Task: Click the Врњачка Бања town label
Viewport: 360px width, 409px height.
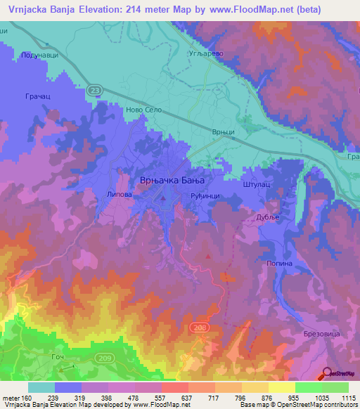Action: (175, 181)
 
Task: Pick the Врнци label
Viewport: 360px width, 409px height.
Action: (223, 131)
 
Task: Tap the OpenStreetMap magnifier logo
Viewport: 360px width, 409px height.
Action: (328, 374)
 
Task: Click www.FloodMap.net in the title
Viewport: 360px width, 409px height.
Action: (231, 10)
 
